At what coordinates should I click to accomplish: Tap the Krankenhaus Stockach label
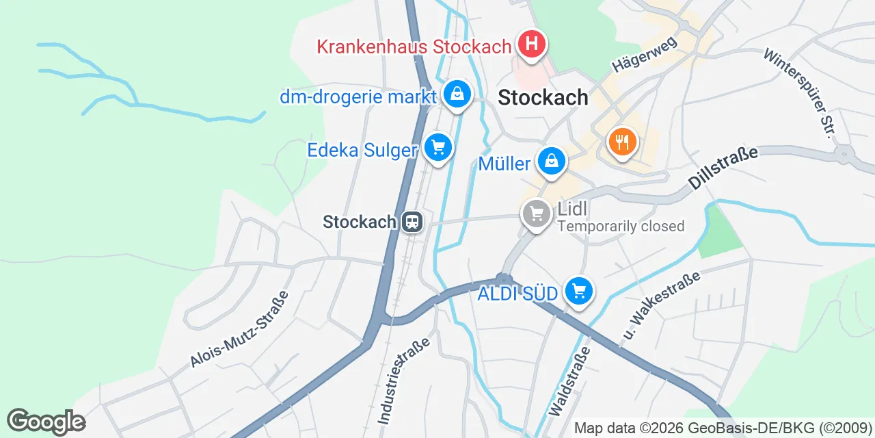point(414,47)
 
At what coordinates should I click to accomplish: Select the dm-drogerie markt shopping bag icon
point(456,94)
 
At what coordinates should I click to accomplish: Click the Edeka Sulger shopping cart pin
point(437,147)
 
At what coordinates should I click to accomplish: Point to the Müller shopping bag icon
point(550,162)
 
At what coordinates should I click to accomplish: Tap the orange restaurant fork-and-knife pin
point(622,142)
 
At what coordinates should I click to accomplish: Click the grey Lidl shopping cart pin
point(537,214)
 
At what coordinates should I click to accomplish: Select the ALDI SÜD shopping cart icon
point(579,292)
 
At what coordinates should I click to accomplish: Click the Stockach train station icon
point(412,222)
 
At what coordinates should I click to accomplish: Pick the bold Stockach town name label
point(543,97)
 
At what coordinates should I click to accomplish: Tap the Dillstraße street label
point(723,167)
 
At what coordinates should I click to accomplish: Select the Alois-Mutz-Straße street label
point(240,328)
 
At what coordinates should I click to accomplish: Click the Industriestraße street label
point(404,379)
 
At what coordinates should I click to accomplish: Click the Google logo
point(46,422)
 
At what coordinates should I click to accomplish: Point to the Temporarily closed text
point(621,226)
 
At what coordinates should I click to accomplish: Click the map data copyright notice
point(723,428)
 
